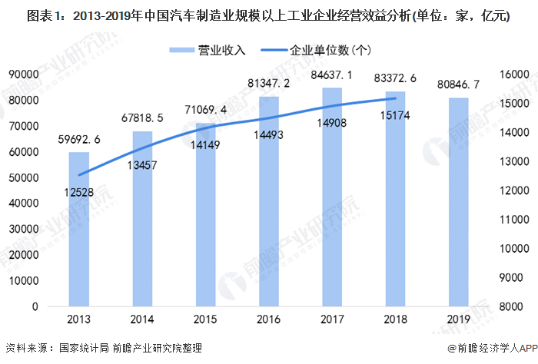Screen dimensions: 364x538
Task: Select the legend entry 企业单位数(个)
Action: click(330, 51)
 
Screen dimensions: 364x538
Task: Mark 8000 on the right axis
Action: click(511, 306)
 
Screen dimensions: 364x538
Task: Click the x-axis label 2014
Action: click(142, 319)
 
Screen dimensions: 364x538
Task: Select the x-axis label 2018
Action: click(395, 319)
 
